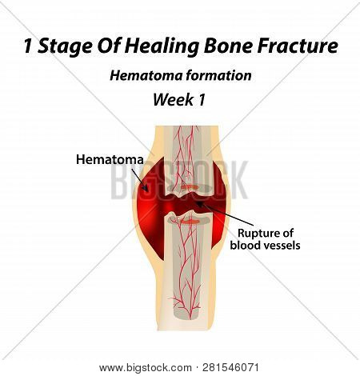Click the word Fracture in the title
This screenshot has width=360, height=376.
[x=298, y=46]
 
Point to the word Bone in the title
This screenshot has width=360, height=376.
[x=223, y=46]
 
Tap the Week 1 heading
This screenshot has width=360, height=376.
[x=179, y=101]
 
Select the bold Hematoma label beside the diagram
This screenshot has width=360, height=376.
[x=109, y=159]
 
